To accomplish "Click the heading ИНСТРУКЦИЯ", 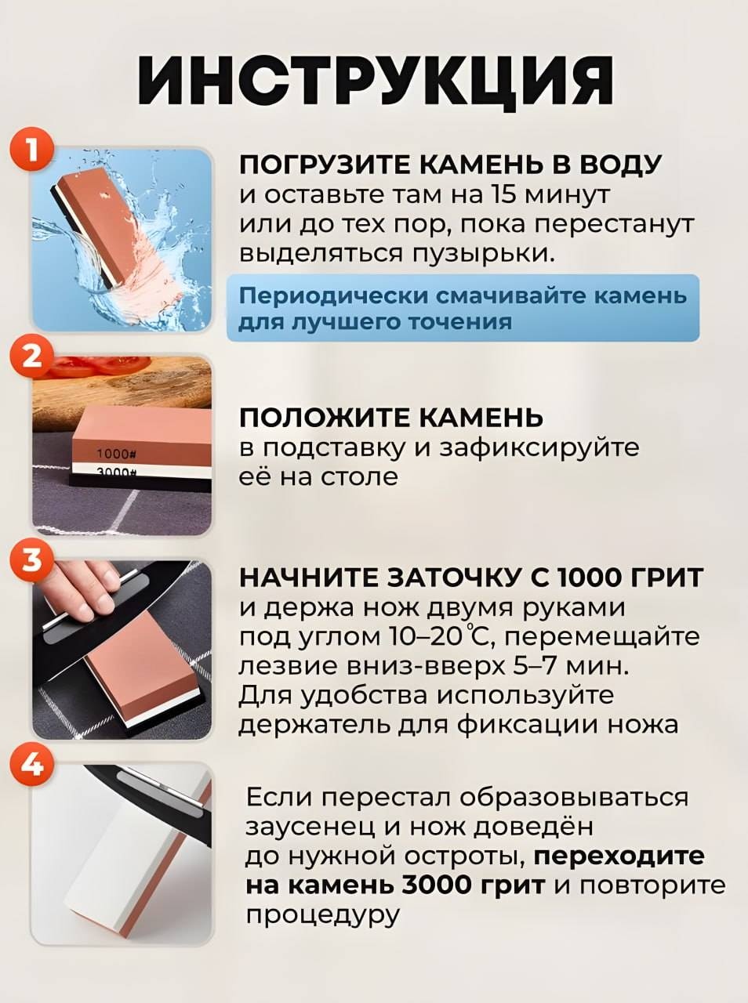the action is (x=375, y=81).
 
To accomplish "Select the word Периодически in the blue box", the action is (x=334, y=296).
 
